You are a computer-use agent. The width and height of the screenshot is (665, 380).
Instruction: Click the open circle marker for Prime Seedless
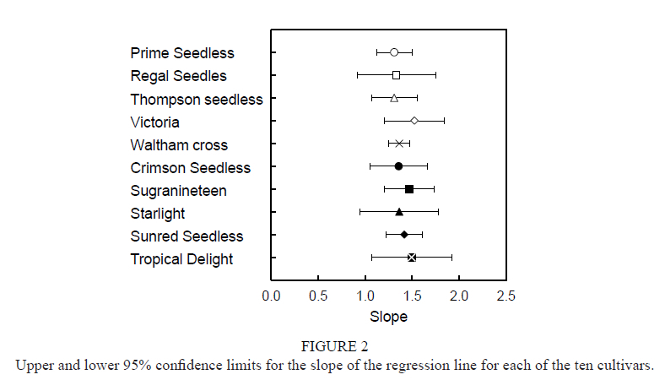click(394, 52)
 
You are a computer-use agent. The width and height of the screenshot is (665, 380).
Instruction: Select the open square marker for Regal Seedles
click(396, 75)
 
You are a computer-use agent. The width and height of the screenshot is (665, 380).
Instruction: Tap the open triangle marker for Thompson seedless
click(394, 98)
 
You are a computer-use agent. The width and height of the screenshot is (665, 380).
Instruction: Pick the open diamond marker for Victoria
click(414, 121)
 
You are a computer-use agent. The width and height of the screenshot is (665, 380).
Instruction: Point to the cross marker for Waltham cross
click(399, 144)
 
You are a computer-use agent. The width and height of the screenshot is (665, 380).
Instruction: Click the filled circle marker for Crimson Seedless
click(398, 166)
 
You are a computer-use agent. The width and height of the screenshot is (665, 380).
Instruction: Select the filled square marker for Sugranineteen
click(409, 189)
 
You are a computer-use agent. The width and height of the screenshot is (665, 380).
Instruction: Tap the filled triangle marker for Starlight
click(399, 212)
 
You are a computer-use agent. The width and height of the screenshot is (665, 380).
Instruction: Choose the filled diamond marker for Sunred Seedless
click(404, 235)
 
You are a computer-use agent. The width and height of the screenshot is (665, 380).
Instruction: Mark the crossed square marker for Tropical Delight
click(412, 258)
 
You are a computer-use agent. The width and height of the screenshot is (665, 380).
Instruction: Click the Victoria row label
click(154, 122)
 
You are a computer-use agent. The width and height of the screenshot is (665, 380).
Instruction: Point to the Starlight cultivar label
click(158, 214)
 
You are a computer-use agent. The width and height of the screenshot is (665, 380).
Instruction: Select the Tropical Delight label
click(181, 259)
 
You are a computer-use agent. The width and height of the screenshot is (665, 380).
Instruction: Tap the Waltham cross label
click(179, 145)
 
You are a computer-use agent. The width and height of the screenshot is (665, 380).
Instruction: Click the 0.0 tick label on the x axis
click(272, 296)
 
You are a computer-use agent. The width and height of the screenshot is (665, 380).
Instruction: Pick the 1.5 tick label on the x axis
click(413, 296)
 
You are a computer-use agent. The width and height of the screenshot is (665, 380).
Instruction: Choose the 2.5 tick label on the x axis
click(506, 296)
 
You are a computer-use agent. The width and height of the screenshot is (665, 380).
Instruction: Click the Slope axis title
click(388, 318)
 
